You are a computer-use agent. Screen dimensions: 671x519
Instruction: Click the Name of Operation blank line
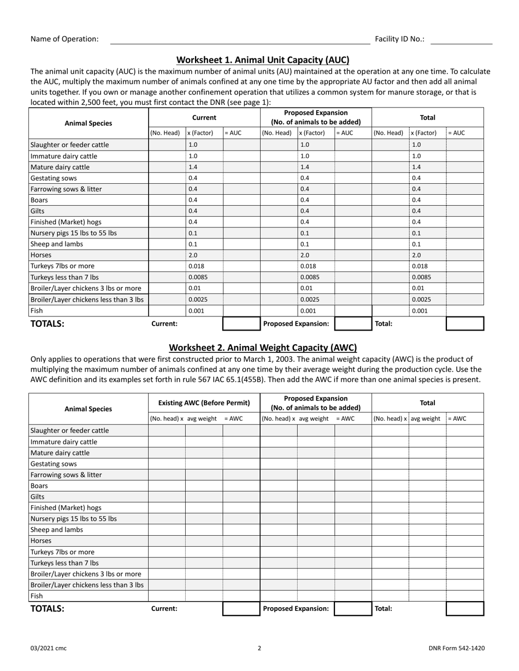click(x=240, y=40)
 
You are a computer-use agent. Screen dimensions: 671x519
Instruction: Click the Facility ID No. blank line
click(x=461, y=40)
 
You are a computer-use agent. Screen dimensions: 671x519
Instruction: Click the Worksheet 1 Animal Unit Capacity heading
click(x=263, y=60)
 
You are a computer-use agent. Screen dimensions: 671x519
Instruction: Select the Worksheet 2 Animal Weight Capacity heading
click(x=263, y=348)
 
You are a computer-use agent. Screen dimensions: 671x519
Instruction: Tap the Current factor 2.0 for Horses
click(x=193, y=255)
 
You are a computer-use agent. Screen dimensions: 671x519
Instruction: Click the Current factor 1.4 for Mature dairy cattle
click(x=193, y=167)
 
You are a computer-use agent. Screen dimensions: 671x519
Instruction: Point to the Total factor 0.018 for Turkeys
click(x=419, y=266)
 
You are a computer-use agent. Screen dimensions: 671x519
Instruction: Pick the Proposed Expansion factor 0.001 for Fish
click(x=306, y=311)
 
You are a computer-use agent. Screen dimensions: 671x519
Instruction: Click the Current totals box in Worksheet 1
click(x=241, y=324)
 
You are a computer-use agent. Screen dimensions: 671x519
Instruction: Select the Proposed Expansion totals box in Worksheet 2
click(x=353, y=609)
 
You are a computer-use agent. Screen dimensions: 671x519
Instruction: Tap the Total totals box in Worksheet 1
click(x=465, y=324)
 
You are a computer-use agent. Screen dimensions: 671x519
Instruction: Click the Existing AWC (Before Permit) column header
click(x=204, y=403)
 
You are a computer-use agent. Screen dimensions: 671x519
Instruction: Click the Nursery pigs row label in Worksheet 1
click(x=73, y=233)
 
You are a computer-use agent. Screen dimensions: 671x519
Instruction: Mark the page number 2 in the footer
click(x=259, y=649)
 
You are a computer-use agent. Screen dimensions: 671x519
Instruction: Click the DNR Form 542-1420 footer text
click(x=456, y=649)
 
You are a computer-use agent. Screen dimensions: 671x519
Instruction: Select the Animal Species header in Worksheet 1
click(x=88, y=123)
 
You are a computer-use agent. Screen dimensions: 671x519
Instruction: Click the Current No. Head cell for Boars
click(x=167, y=200)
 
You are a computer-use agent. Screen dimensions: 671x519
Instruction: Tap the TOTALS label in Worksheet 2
click(x=48, y=609)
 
